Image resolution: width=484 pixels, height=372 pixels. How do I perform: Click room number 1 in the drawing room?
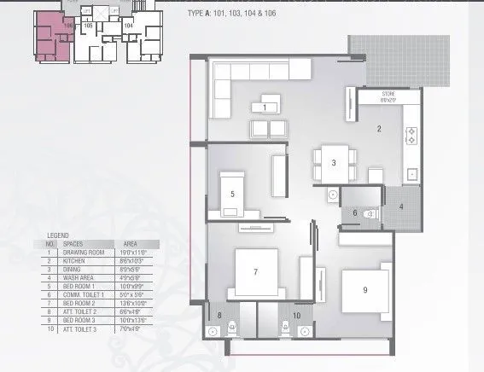pos(265,107)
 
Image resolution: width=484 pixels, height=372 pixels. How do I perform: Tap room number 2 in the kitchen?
pos(378,129)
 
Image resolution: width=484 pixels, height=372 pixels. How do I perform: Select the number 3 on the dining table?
pos(334,162)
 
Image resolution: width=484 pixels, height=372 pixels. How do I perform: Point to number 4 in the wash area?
pos(400,206)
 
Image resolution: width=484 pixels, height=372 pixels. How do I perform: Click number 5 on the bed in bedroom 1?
pos(232,194)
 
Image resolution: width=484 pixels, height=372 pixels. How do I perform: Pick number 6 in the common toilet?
pos(355,212)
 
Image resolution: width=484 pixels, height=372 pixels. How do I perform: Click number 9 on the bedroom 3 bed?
pos(364,289)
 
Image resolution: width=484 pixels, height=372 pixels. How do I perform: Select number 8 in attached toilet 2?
pos(219,316)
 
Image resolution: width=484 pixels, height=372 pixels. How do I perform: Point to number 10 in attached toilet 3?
pos(296,316)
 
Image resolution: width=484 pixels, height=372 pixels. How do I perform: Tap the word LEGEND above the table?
pos(58,234)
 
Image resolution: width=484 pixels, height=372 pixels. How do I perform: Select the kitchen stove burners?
pos(410,133)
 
